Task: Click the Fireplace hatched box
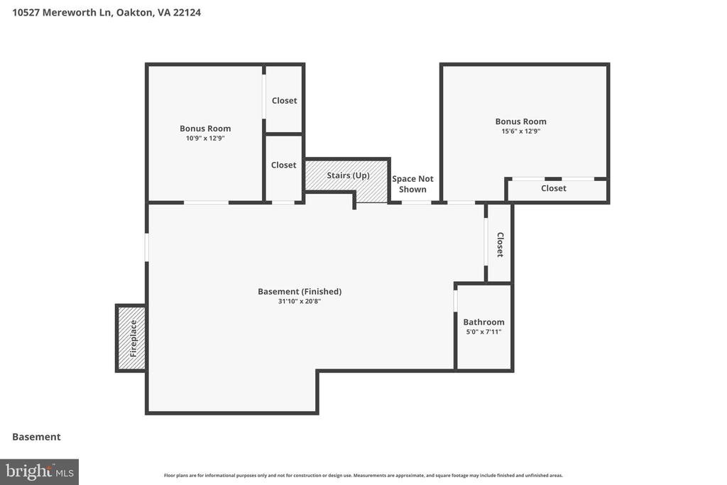tap(131, 338)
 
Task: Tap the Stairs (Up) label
tap(348, 175)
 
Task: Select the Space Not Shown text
tap(412, 184)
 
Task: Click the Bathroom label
tap(483, 322)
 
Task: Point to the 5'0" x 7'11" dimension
tap(483, 332)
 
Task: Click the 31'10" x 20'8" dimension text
tap(300, 301)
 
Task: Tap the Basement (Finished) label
tap(300, 291)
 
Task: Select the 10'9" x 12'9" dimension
tap(205, 138)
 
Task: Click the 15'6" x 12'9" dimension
tap(520, 131)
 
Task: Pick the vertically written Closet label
tap(500, 244)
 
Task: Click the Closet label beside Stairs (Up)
tap(283, 165)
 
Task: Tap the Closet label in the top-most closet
tap(284, 101)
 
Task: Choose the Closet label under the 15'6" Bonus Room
tap(554, 188)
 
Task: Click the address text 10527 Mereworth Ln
tap(62, 13)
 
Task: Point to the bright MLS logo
tap(40, 472)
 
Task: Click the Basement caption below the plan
tap(36, 437)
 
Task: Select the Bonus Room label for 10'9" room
tap(205, 129)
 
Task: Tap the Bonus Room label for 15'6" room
tap(520, 121)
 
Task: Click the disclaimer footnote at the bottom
tap(363, 475)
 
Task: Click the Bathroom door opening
tap(455, 301)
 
